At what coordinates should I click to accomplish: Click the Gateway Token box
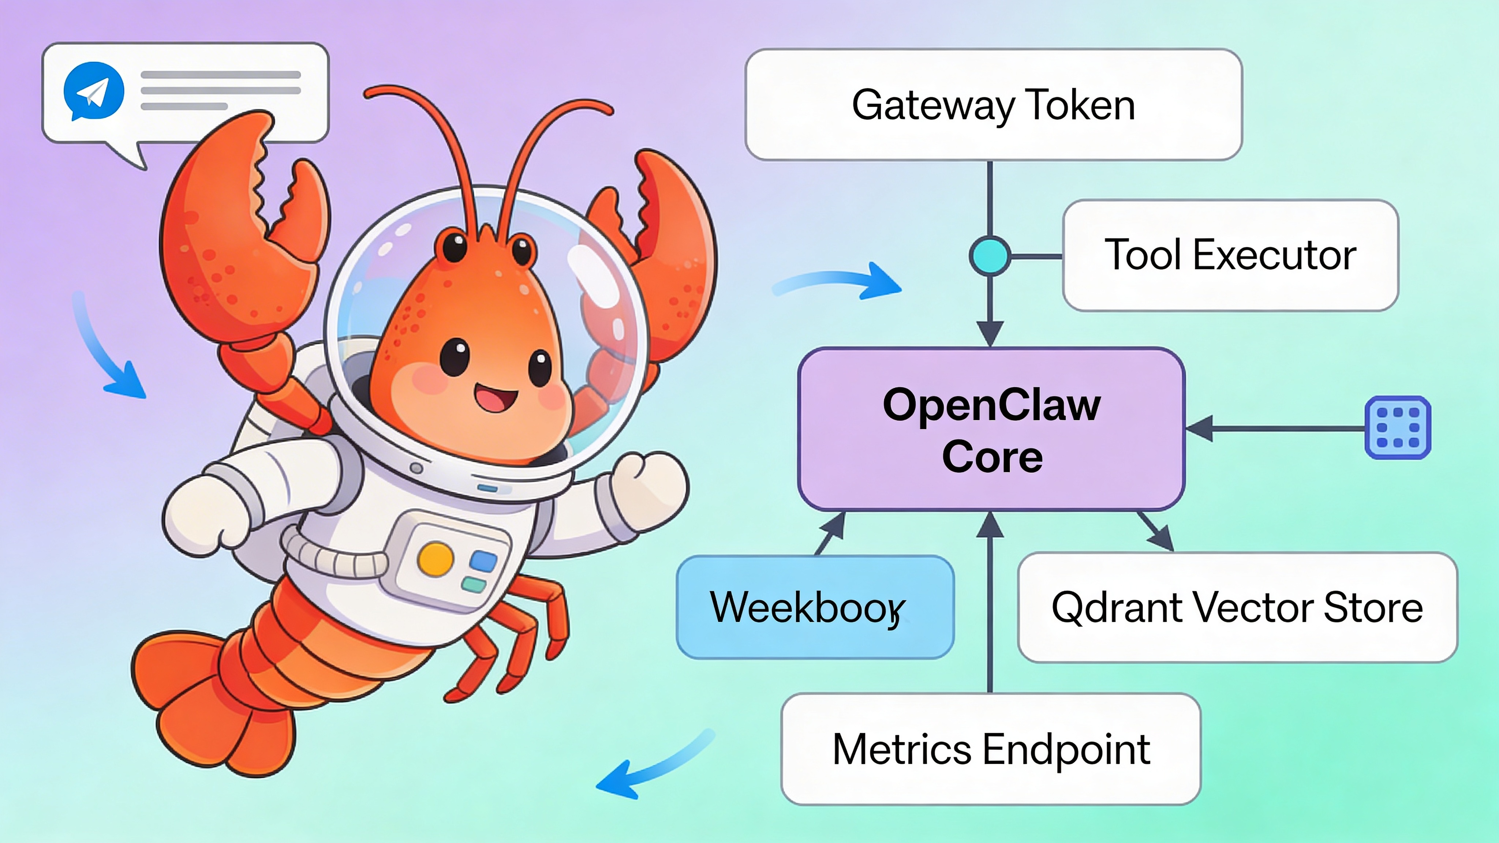click(993, 105)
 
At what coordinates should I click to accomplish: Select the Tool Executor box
click(1230, 255)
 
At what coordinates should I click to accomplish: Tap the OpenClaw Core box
click(991, 429)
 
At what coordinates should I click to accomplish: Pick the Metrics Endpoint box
click(991, 749)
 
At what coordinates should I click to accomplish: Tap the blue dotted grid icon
click(1397, 428)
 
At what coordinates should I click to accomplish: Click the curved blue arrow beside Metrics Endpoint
click(652, 765)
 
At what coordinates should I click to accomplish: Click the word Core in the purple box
click(992, 457)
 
